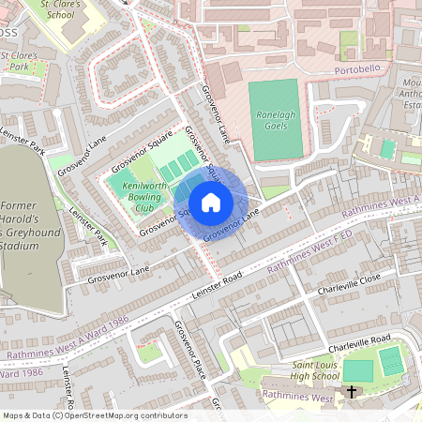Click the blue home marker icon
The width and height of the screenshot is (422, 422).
tap(210, 203)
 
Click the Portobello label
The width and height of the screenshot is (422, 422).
tap(360, 71)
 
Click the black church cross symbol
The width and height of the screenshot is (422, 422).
tap(353, 392)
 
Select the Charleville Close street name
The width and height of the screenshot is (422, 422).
tap(349, 281)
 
